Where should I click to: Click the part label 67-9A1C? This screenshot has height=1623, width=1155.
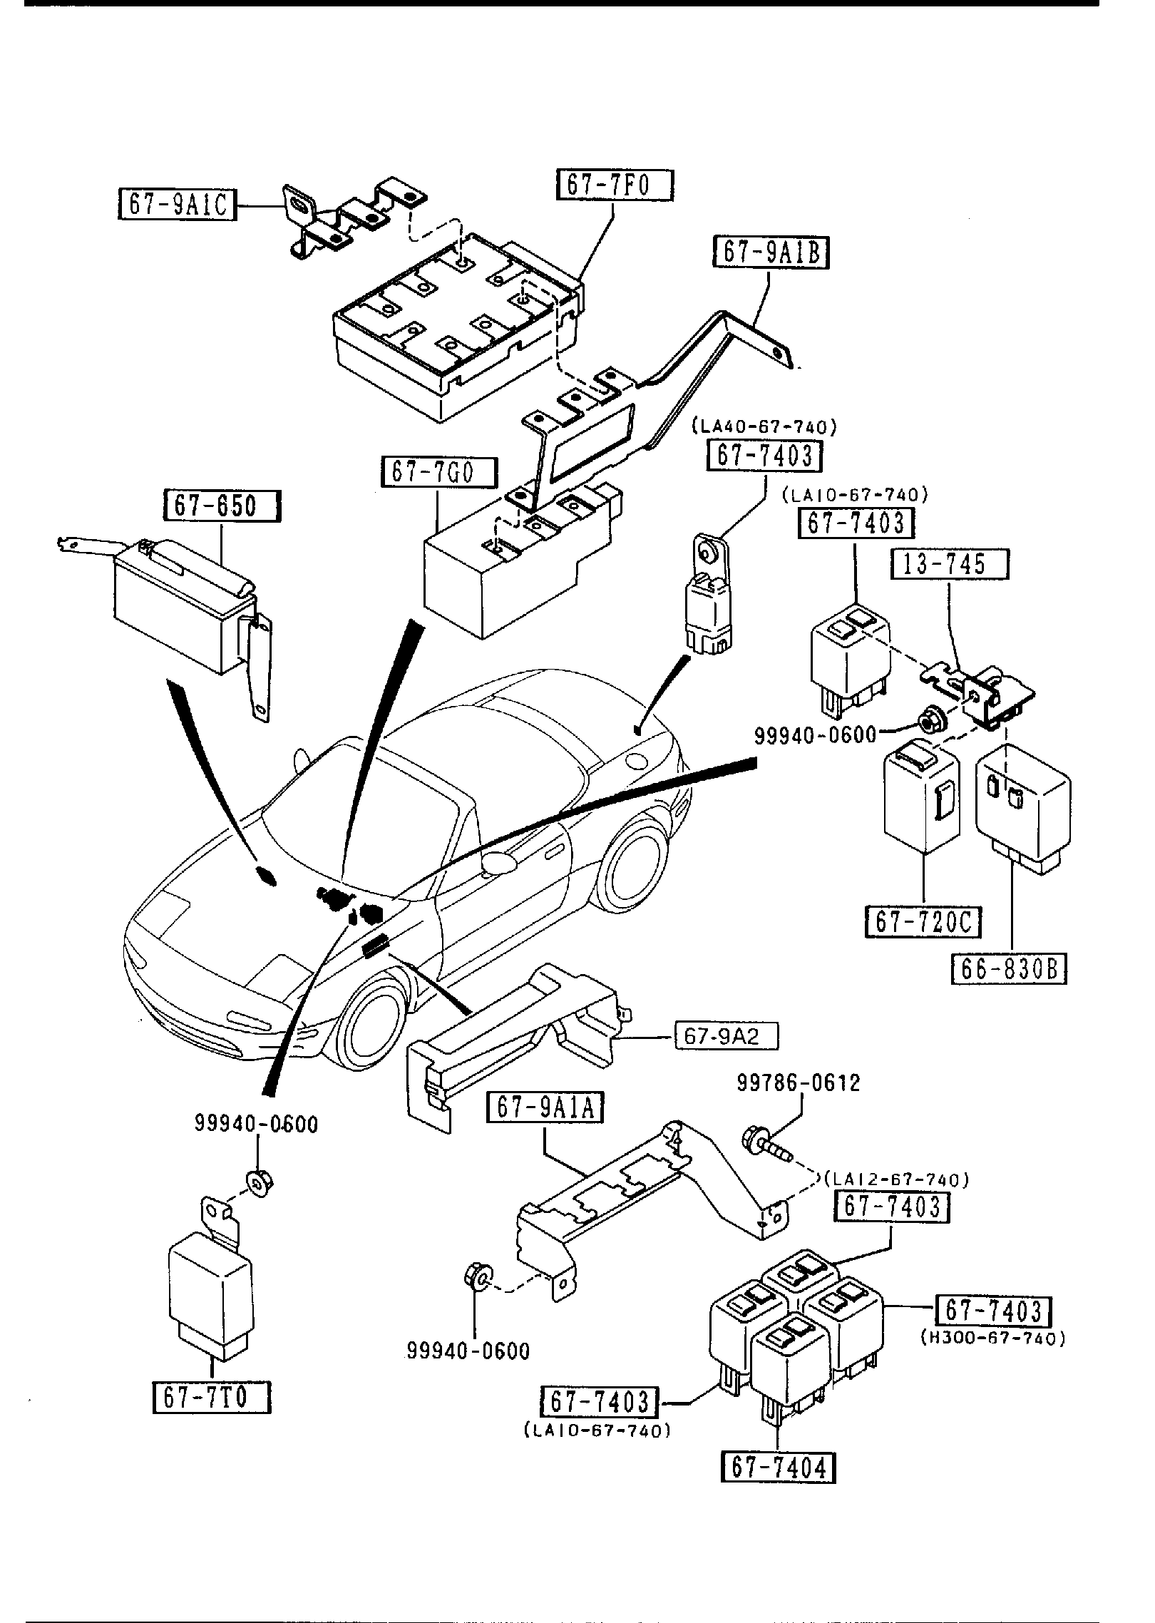point(175,205)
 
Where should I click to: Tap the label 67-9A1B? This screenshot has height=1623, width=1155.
point(771,253)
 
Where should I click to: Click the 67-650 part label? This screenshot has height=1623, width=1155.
point(222,506)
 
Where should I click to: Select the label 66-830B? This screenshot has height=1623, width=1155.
point(1009,969)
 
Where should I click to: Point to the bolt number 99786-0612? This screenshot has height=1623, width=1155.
point(799,1082)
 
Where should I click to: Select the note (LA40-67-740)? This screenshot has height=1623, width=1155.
point(764,427)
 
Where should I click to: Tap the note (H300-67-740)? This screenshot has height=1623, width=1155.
point(992,1338)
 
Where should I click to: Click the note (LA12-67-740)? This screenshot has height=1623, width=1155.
point(896,1180)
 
